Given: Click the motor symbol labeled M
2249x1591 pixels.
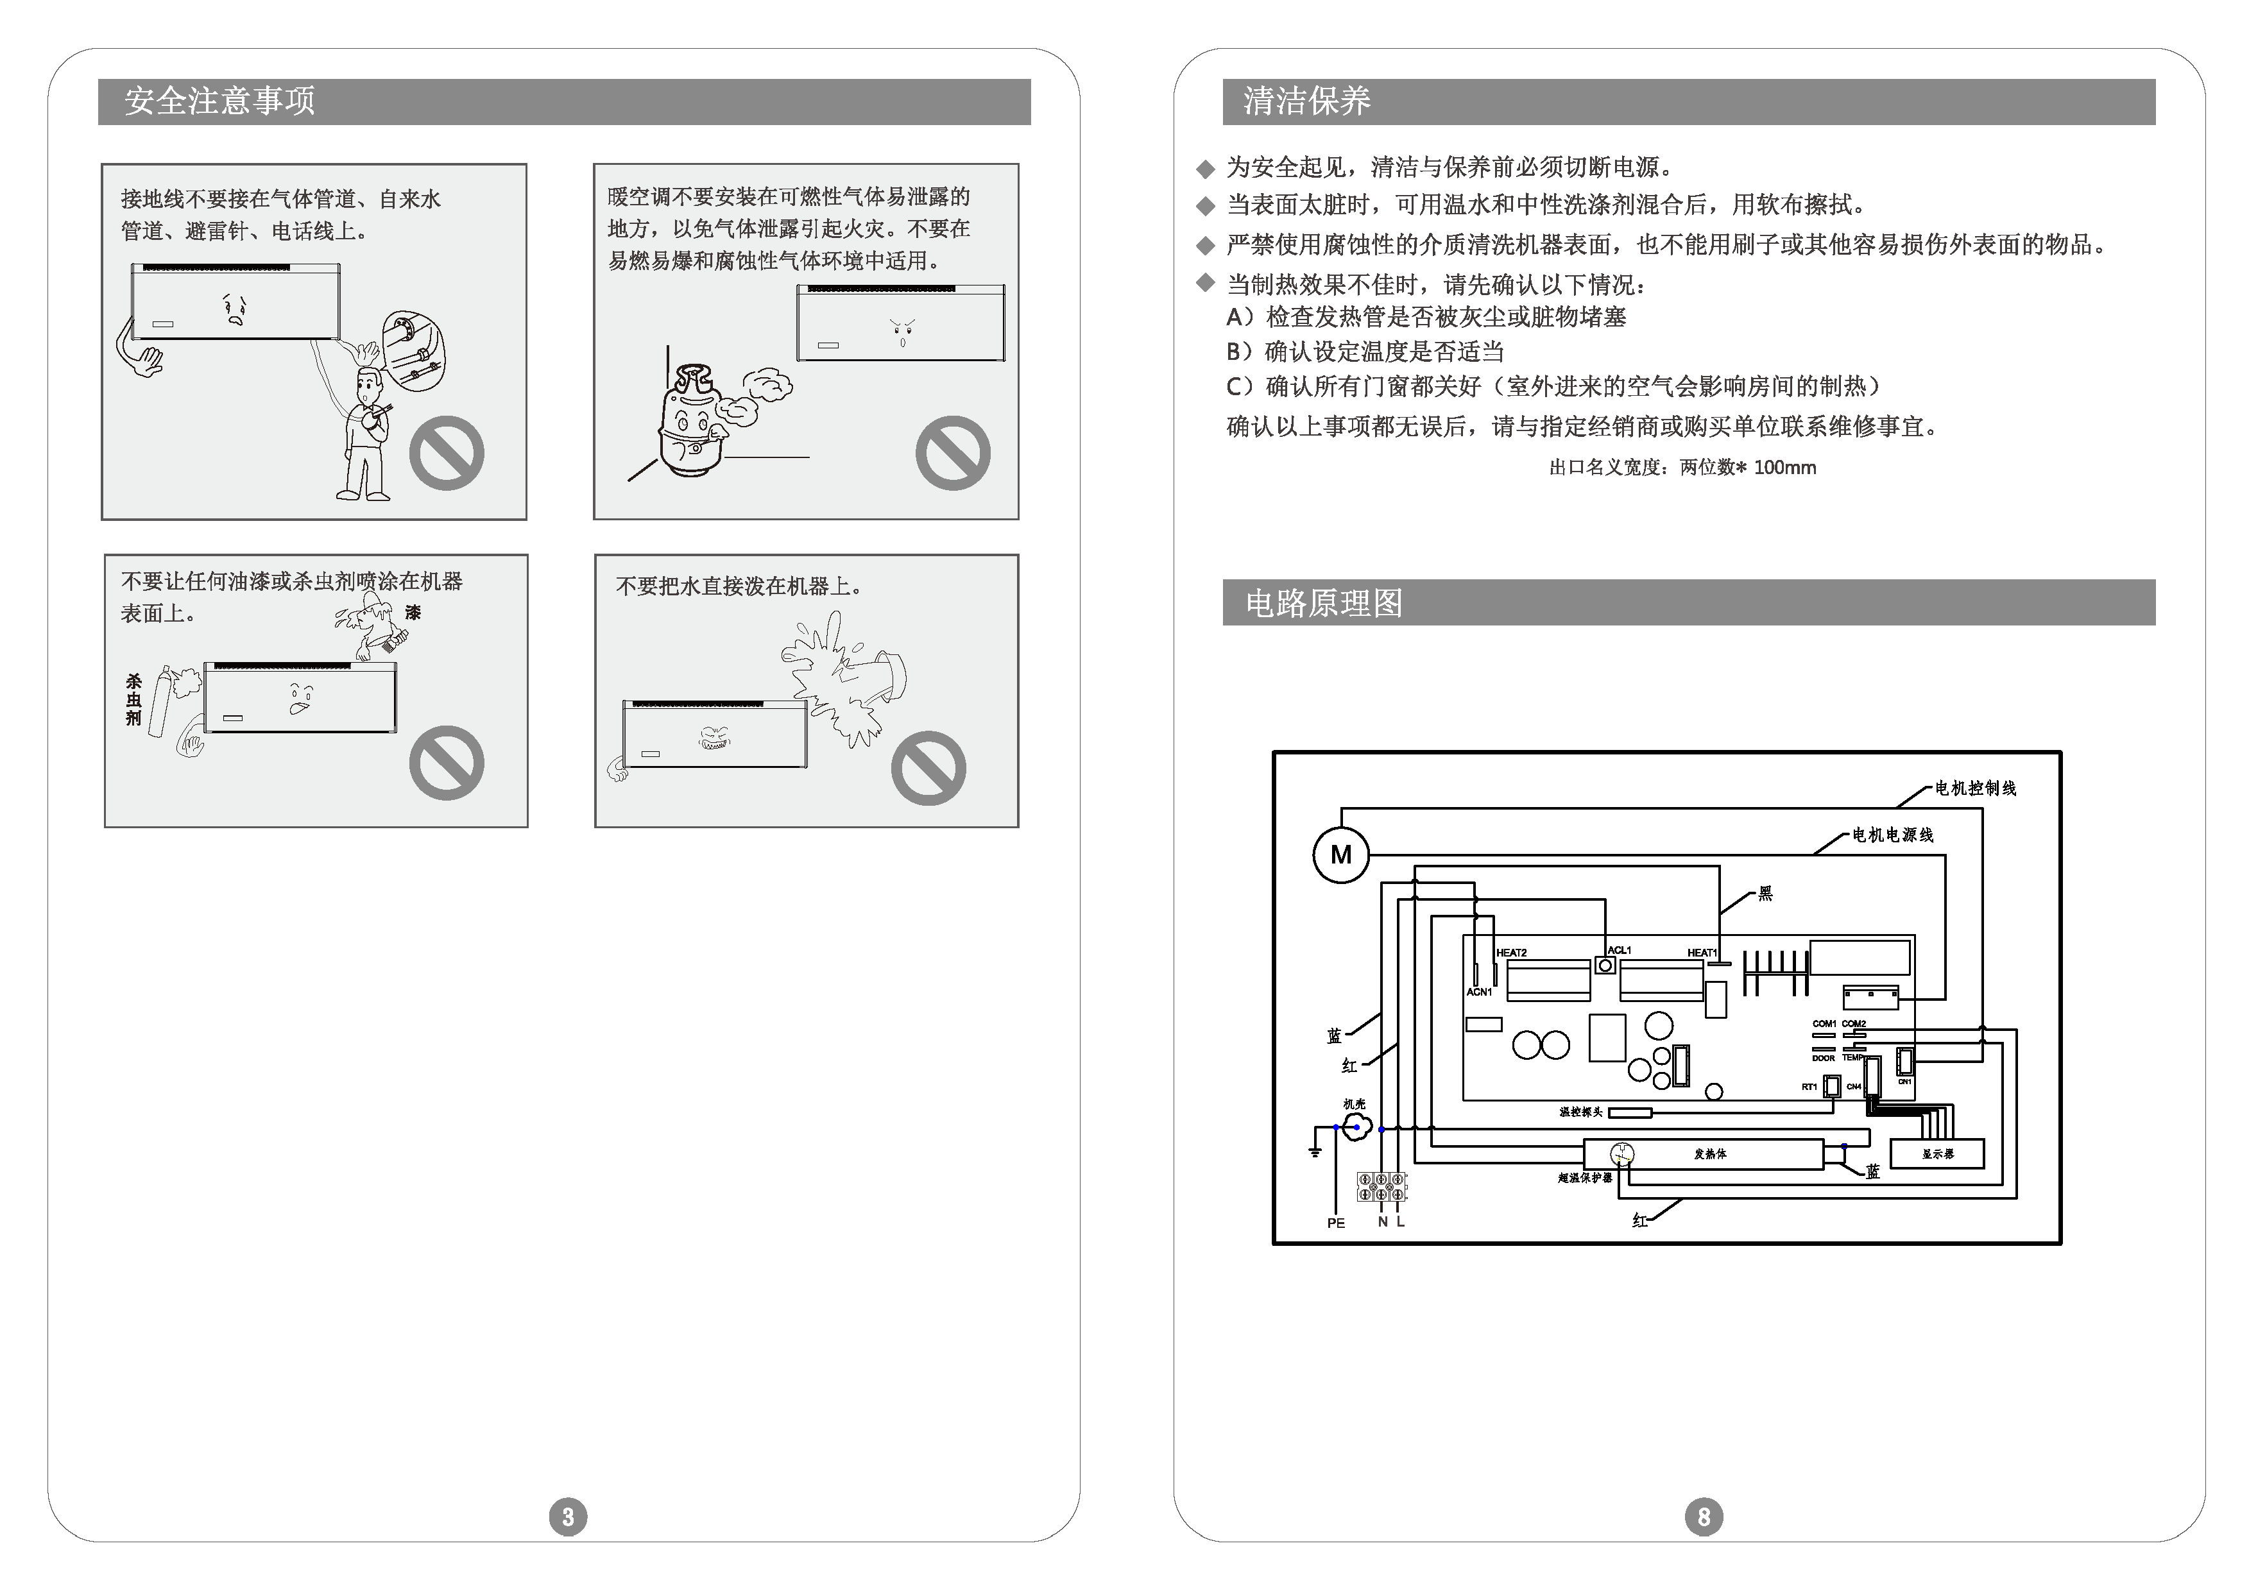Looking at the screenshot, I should click(x=1340, y=855).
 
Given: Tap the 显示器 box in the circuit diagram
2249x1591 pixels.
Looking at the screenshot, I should click(x=1937, y=1153).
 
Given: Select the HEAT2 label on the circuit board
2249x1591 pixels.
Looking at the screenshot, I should click(x=1511, y=952).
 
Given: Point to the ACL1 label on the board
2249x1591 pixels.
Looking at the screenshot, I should click(x=1619, y=949).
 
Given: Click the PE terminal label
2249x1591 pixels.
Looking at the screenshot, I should click(x=1336, y=1223).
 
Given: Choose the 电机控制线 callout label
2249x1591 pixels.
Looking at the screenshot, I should click(x=1974, y=788).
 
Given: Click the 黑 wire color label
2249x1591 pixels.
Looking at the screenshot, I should click(x=1765, y=894).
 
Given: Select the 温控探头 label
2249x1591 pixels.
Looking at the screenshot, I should click(x=1580, y=1112).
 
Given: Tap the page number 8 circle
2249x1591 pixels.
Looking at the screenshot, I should click(x=1703, y=1517).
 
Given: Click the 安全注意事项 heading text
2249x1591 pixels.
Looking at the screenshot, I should click(x=219, y=101).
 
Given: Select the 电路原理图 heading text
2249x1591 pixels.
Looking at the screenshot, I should click(x=1324, y=602).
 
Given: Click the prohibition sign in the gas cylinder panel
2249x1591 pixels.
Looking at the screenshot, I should click(x=952, y=453).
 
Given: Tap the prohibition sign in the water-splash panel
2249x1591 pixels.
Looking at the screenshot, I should click(x=928, y=768).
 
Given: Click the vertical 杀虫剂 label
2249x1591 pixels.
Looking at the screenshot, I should click(x=133, y=699).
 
